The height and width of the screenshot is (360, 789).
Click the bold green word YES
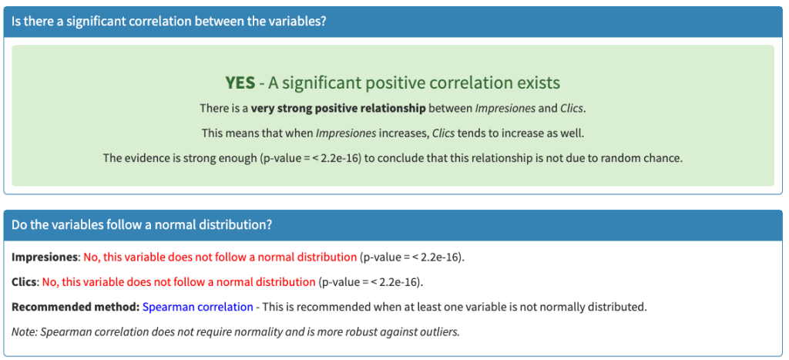[240, 83]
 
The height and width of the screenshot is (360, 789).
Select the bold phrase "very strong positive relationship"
[338, 108]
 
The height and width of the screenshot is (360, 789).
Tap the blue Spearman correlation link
[198, 307]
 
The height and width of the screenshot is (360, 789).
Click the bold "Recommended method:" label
[76, 307]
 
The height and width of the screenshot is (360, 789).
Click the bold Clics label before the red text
[24, 282]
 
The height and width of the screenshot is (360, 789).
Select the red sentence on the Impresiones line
[220, 257]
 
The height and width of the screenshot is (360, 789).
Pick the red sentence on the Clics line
[179, 282]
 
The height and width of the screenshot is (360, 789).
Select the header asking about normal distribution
[142, 224]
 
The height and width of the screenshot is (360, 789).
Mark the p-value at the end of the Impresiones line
[411, 257]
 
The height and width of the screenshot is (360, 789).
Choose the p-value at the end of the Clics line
[370, 282]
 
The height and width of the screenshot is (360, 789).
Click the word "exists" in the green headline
[537, 83]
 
